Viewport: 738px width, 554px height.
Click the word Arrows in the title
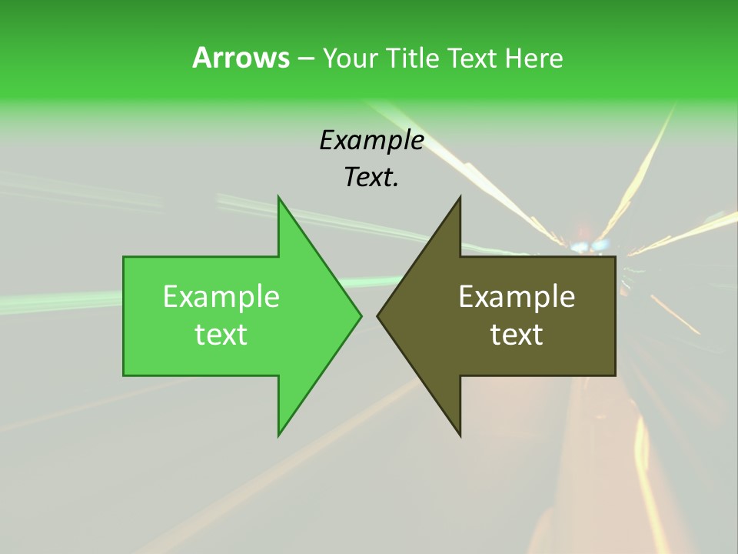(x=241, y=58)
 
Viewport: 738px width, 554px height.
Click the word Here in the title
(x=534, y=58)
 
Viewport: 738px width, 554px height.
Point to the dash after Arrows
(x=305, y=59)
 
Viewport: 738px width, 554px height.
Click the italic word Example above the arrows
(x=371, y=141)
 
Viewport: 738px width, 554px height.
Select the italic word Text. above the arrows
(x=370, y=178)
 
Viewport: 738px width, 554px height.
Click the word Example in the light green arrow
(x=221, y=297)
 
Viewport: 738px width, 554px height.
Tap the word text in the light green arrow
(x=221, y=335)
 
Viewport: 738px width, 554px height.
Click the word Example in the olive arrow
(x=517, y=297)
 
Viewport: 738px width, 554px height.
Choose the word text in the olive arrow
(x=517, y=335)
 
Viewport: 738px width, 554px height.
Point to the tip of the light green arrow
(x=360, y=315)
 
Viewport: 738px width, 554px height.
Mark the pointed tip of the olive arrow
(x=378, y=315)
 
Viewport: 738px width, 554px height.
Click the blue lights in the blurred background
(x=589, y=246)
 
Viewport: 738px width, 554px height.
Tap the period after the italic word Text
(x=396, y=185)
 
